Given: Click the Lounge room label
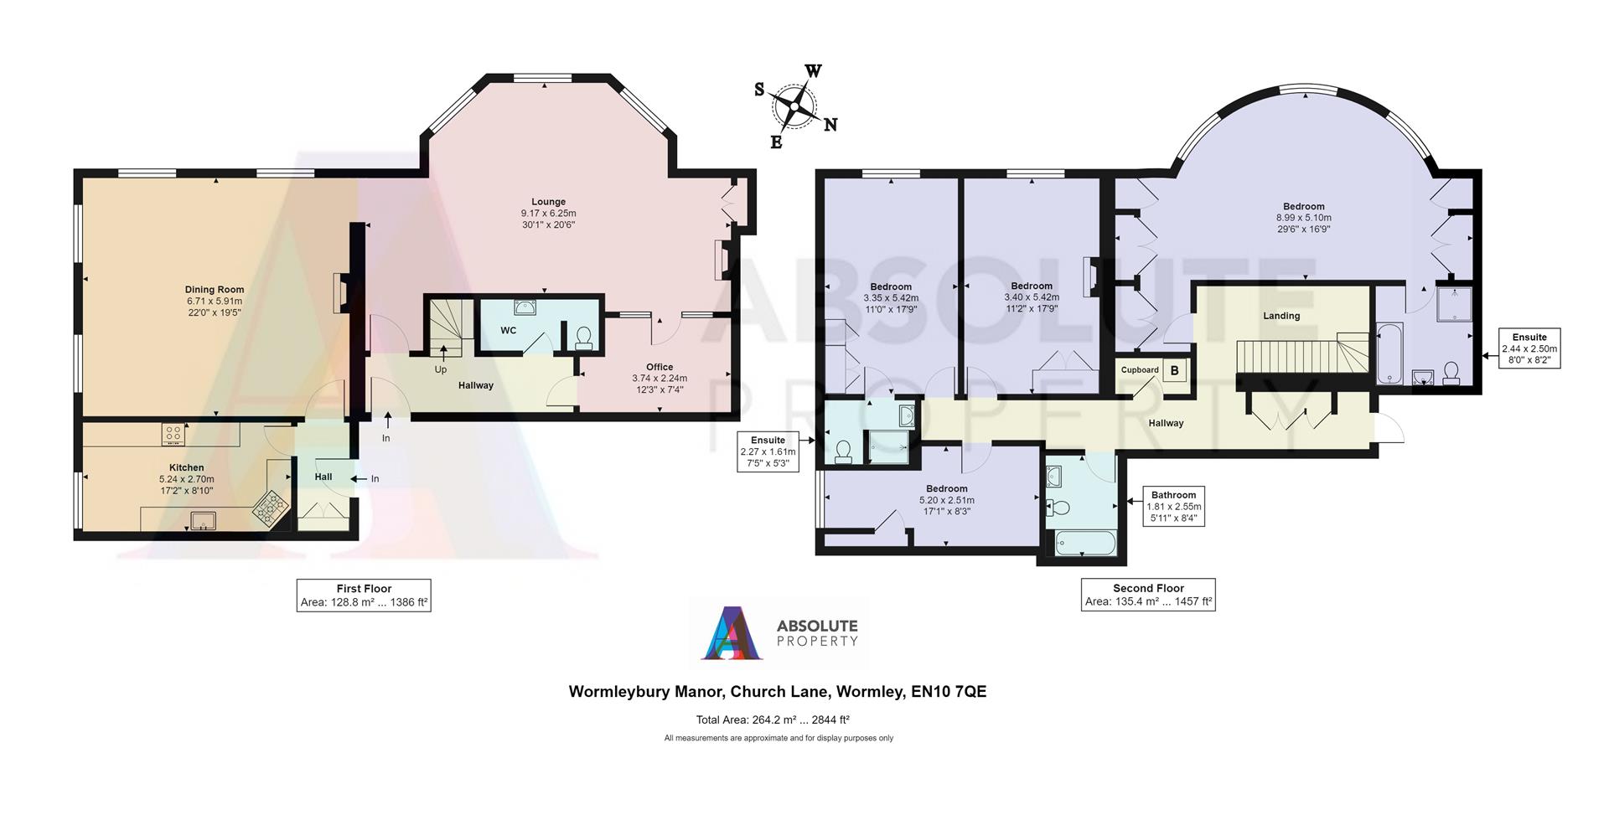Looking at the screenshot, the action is pos(548,201).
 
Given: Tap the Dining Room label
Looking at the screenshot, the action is pos(215,290).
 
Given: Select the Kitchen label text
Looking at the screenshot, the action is pos(187,467).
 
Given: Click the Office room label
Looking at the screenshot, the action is pos(660,367).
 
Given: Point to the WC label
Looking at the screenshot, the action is pos(509,331).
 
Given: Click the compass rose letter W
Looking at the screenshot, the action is pos(813,70).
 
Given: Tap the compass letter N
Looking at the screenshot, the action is pos(830,125).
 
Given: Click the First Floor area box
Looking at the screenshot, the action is pos(364,595).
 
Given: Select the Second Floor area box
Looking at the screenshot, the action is pos(1148,595).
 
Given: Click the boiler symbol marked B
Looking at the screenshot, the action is pos(1174,370).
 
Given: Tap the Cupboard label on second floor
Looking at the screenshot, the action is pos(1140,370).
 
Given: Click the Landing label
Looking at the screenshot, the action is pos(1281,316).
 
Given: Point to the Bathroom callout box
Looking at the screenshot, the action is pos(1173,507).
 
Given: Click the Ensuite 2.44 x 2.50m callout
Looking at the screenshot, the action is pos(1529,348).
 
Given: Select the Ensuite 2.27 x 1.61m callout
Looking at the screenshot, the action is pos(768,451).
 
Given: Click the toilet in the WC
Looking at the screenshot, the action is pos(583,338).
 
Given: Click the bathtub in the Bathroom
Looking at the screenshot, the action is pos(1084,543).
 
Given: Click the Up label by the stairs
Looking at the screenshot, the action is pos(441,369).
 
